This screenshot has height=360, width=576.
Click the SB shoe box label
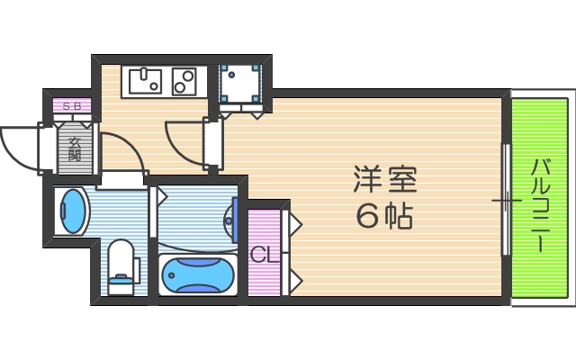[x=72, y=106]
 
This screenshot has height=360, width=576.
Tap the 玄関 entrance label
[x=74, y=148]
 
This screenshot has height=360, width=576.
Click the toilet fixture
[x=121, y=261]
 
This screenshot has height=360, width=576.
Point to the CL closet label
[x=262, y=256]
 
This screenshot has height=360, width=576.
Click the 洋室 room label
[x=384, y=179]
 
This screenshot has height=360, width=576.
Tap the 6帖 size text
[x=384, y=216]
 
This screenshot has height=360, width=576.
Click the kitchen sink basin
[x=145, y=82]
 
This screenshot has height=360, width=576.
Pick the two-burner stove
[x=185, y=82]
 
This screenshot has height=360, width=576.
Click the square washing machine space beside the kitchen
[x=239, y=84]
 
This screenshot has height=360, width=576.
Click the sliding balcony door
[x=506, y=199]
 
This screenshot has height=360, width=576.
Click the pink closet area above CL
[x=264, y=225]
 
